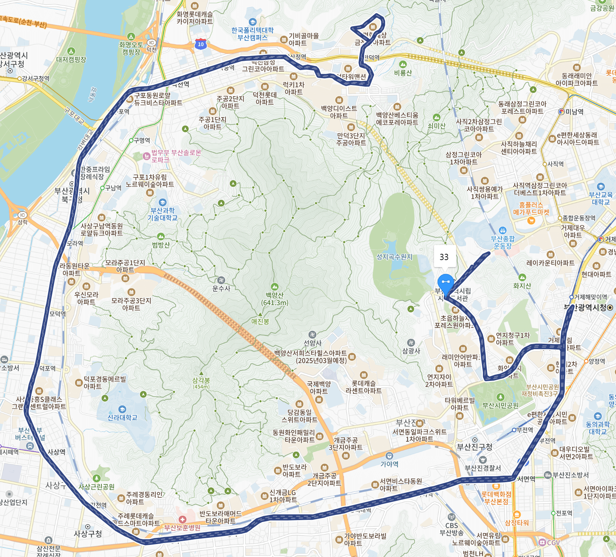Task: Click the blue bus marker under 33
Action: pyautogui.click(x=445, y=283)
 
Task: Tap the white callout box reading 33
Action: pyautogui.click(x=444, y=257)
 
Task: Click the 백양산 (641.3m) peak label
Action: pyautogui.click(x=274, y=299)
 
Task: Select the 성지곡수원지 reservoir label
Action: pyautogui.click(x=394, y=257)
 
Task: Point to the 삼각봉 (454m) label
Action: pyautogui.click(x=201, y=383)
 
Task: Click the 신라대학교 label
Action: pyautogui.click(x=122, y=417)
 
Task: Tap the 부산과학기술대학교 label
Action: pyautogui.click(x=162, y=214)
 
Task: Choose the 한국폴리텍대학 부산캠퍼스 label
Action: pyautogui.click(x=252, y=34)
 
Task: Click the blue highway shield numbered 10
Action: pyautogui.click(x=200, y=44)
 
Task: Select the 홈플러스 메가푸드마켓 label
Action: pyautogui.click(x=531, y=209)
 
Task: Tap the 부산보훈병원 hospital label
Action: pyautogui.click(x=182, y=528)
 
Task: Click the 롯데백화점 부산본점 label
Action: pyautogui.click(x=496, y=498)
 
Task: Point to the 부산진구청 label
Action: pyautogui.click(x=475, y=447)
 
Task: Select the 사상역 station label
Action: pyautogui.click(x=56, y=452)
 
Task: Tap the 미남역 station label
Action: pyautogui.click(x=574, y=112)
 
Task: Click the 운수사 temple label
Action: pyautogui.click(x=221, y=288)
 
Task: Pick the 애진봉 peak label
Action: pyautogui.click(x=260, y=321)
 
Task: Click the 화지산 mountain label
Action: pyautogui.click(x=522, y=285)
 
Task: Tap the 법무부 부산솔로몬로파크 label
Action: pyautogui.click(x=176, y=156)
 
